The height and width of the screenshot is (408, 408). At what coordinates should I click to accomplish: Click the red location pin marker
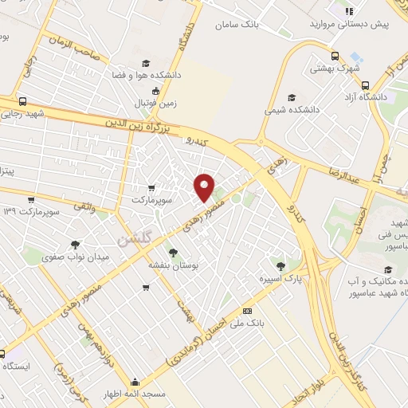click(x=205, y=188)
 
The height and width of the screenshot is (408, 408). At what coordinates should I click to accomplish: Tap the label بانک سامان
click(x=239, y=24)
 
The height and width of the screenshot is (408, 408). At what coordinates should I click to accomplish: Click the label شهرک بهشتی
click(x=338, y=69)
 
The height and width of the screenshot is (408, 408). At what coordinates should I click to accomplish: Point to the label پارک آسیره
click(x=278, y=280)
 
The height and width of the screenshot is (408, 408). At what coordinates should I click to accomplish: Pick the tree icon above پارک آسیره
click(x=279, y=266)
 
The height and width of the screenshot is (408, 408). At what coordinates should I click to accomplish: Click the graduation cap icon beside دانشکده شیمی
click(x=294, y=96)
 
